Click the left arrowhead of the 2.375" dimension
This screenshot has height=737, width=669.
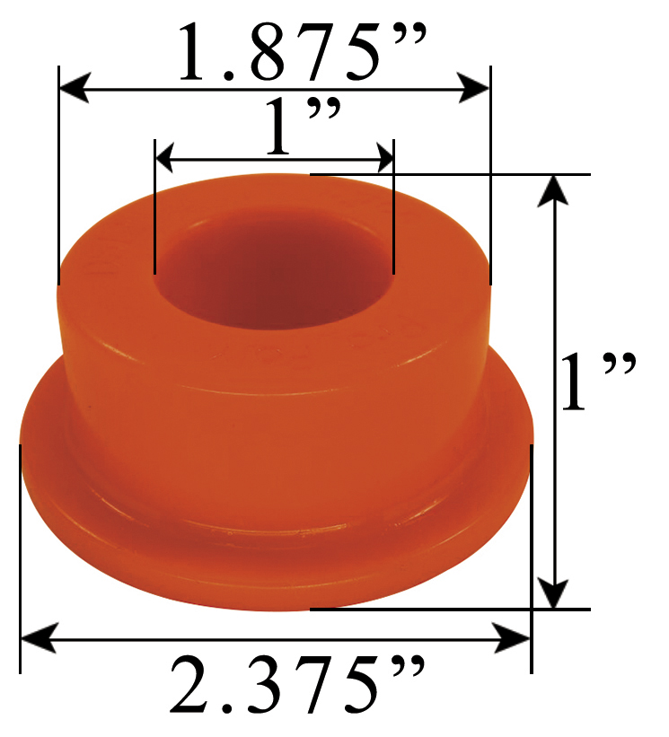coord(33,639)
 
